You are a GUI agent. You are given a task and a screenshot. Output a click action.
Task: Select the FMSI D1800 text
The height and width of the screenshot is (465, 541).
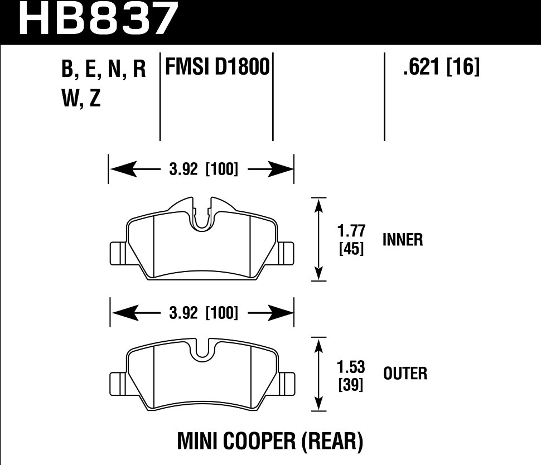point(216,68)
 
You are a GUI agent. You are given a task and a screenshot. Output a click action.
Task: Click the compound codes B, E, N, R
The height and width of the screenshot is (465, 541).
point(104,70)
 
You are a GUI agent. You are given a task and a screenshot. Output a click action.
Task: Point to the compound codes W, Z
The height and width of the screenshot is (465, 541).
point(81,99)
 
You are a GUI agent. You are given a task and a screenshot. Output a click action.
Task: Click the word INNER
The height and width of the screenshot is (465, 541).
point(403,240)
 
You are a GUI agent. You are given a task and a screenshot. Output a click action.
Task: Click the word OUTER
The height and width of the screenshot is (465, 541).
point(405,373)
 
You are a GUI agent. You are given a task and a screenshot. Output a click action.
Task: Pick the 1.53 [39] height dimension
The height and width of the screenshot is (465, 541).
point(351,375)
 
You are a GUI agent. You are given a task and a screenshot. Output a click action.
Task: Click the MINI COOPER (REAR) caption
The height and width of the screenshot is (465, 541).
point(270,442)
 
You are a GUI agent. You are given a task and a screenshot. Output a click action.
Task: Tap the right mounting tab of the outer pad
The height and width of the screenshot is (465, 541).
point(286,382)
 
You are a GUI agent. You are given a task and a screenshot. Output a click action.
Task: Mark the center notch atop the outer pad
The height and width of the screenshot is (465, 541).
point(202,349)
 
